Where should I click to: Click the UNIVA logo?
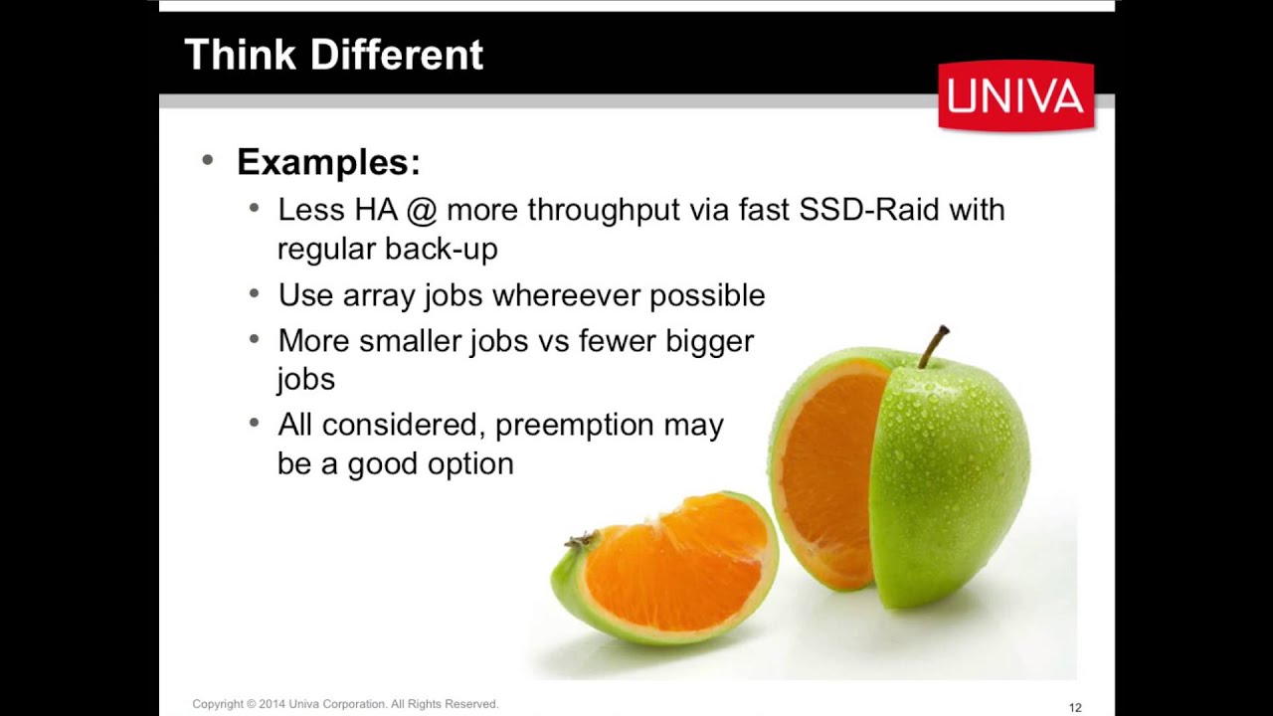tap(1015, 95)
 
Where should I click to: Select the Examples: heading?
tap(328, 162)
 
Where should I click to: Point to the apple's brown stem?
tap(932, 346)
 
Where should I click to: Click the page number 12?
tap(1075, 707)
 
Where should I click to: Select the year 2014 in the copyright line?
tap(273, 704)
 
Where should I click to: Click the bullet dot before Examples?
tap(207, 160)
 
